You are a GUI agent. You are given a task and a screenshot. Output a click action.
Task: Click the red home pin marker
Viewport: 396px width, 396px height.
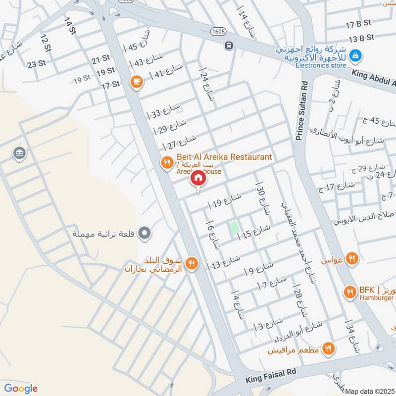[198, 178]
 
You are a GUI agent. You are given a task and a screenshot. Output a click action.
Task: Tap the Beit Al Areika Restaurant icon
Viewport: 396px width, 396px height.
[167, 162]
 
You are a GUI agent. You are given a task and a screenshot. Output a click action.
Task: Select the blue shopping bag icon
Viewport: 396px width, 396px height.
[354, 56]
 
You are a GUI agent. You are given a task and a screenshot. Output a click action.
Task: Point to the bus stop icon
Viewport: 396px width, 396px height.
[229, 46]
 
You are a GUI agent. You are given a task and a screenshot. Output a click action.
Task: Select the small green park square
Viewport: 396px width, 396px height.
[233, 228]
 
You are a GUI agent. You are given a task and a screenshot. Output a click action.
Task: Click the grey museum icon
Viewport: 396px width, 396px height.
[20, 153]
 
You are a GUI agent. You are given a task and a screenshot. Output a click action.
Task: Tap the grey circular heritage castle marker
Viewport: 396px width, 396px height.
[145, 232]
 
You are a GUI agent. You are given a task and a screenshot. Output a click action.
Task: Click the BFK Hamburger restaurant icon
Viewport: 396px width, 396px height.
[350, 293]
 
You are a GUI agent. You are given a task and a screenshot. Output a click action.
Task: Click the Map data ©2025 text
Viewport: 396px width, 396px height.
[368, 391]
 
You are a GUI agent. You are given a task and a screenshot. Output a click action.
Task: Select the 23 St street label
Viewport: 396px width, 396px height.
[36, 64]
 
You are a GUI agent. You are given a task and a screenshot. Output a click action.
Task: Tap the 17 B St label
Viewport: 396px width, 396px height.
[358, 24]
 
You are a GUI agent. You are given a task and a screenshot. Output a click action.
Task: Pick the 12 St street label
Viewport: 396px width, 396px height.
[45, 42]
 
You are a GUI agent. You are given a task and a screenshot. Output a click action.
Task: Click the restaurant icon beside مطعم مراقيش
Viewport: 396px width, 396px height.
[327, 350]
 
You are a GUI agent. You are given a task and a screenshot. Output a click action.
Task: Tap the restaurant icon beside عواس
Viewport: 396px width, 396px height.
[352, 258]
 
